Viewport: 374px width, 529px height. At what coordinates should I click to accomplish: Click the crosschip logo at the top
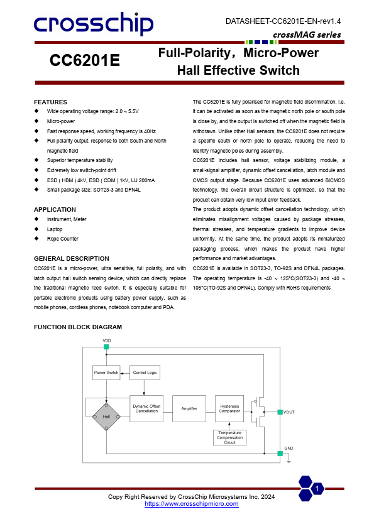pyautogui.click(x=94, y=24)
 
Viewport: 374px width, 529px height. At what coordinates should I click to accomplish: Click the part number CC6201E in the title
pyautogui.click(x=85, y=61)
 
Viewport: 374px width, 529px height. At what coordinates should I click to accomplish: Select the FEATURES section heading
pyautogui.click(x=50, y=102)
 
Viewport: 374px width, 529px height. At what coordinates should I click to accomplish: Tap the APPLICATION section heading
pyautogui.click(x=55, y=210)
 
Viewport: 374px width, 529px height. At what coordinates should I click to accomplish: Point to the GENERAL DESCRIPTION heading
pyautogui.click(x=71, y=259)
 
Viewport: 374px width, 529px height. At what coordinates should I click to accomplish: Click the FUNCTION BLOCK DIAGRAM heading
pyautogui.click(x=78, y=327)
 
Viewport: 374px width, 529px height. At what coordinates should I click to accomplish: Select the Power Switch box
pyautogui.click(x=106, y=373)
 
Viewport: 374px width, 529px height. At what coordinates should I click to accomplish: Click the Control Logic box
pyautogui.click(x=145, y=373)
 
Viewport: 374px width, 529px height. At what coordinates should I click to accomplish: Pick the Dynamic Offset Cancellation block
pyautogui.click(x=146, y=408)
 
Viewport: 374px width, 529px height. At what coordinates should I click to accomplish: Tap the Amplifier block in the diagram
pyautogui.click(x=189, y=408)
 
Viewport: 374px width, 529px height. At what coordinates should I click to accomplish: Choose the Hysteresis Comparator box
pyautogui.click(x=229, y=408)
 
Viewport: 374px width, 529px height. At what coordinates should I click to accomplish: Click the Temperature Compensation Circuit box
pyautogui.click(x=230, y=438)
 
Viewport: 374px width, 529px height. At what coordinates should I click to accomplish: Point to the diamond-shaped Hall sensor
pyautogui.click(x=106, y=417)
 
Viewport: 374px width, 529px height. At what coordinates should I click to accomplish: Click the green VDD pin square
pyautogui.click(x=106, y=347)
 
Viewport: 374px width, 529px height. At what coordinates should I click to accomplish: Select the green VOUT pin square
pyautogui.click(x=280, y=412)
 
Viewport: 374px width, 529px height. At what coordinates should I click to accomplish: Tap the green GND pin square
pyautogui.click(x=280, y=453)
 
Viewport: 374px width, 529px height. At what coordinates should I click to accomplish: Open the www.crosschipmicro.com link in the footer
pyautogui.click(x=192, y=504)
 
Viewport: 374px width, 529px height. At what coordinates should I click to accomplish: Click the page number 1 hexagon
pyautogui.click(x=317, y=489)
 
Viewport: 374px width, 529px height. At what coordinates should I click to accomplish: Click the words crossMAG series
pyautogui.click(x=307, y=35)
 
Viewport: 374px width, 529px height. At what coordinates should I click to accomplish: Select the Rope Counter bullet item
pyautogui.click(x=62, y=239)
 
